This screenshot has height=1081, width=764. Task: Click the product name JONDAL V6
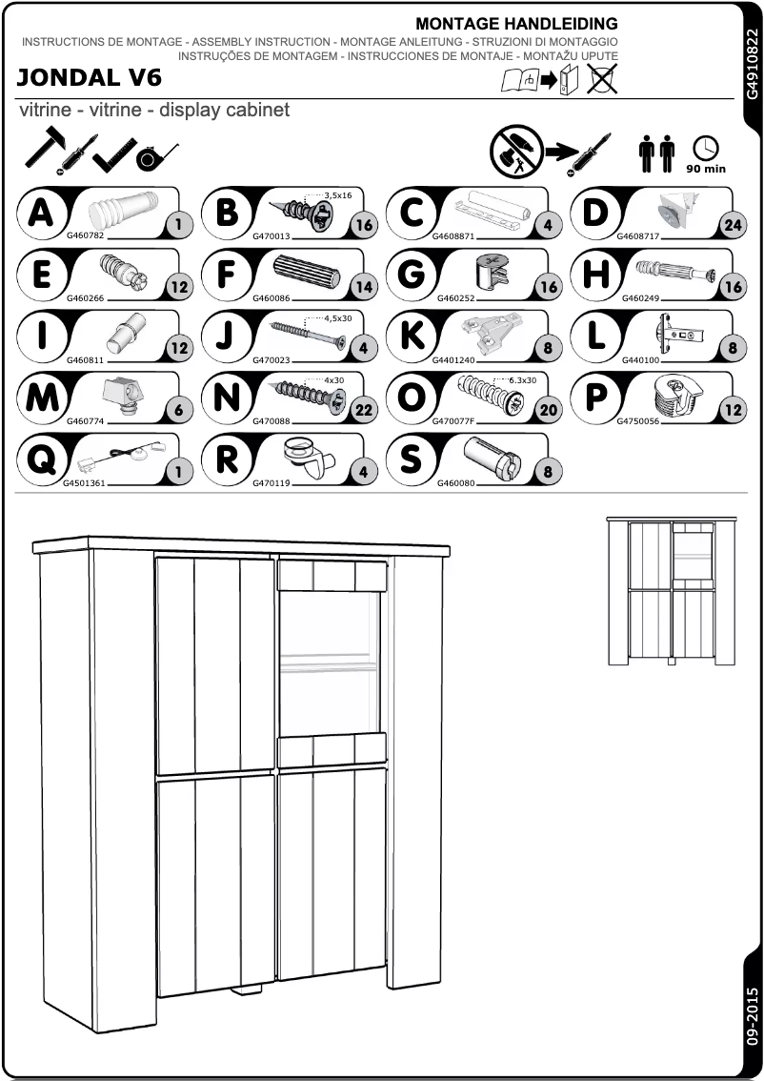coord(90,77)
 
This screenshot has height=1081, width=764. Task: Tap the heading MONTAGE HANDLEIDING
coord(516,23)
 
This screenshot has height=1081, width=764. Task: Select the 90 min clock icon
coord(706,153)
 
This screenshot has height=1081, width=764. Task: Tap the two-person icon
coord(656,153)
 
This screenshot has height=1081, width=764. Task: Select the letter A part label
coord(41,212)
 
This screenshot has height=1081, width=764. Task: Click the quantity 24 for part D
coord(732,226)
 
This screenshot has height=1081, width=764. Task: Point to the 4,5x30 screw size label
coord(338,318)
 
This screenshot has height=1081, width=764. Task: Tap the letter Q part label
coord(41,458)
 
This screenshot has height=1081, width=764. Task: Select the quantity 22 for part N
coord(363,410)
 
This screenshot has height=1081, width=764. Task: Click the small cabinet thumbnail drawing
coord(673,590)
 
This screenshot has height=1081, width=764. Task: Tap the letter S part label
coord(412,458)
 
